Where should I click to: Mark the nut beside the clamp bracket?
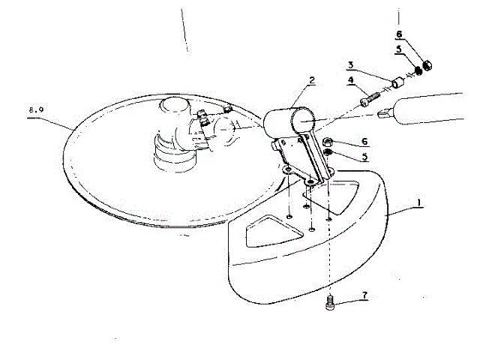pyautogui.click(x=328, y=142)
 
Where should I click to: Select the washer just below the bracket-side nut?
pyautogui.click(x=328, y=155)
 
